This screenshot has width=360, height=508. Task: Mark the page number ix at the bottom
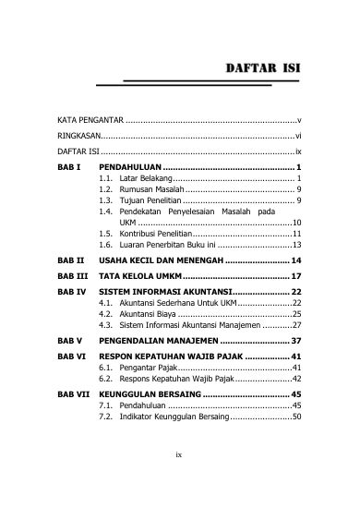click(181, 479)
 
